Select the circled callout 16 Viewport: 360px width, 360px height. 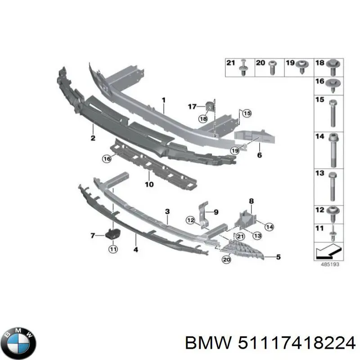[106, 158]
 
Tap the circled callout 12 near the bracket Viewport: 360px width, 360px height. [191, 220]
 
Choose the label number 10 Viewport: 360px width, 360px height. [149, 184]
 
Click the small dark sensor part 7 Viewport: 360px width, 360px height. [111, 234]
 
